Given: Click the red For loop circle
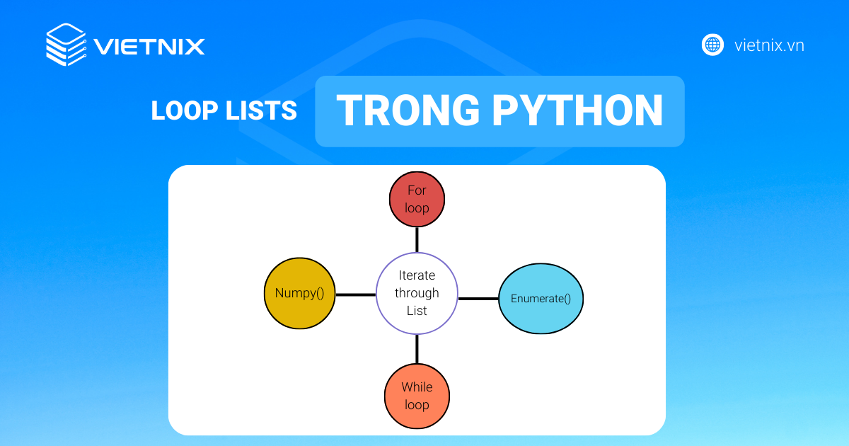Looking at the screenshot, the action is click(417, 199).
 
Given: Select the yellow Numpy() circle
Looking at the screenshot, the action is click(299, 293).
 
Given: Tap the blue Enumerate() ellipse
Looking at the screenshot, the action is click(541, 299).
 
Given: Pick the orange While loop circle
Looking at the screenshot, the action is click(417, 396).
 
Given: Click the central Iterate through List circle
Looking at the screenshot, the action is click(417, 293).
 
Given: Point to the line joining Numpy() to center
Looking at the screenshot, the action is click(355, 295).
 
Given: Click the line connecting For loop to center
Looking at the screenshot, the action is click(417, 240).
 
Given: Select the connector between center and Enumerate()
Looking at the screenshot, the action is click(478, 299).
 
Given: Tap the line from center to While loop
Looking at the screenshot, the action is click(417, 349).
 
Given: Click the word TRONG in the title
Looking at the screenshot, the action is click(408, 110).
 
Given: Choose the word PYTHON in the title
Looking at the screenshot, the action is click(577, 110).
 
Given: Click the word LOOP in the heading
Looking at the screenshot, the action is click(184, 110).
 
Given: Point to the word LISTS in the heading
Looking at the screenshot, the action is click(261, 110).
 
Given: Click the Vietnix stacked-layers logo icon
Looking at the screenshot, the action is click(66, 45).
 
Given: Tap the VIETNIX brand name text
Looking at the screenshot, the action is click(149, 47).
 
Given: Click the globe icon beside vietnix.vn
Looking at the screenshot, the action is click(712, 45).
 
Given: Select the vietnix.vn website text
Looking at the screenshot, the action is click(769, 45).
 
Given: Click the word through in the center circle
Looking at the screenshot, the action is click(417, 294).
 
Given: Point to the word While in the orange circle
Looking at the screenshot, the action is click(417, 387).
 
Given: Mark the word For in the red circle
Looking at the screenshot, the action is click(417, 190).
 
